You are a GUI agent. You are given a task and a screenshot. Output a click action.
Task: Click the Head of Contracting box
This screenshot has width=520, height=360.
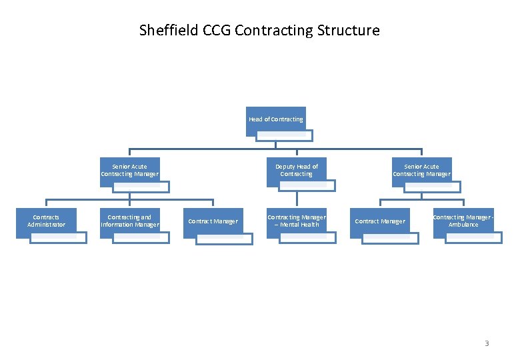point(275,119)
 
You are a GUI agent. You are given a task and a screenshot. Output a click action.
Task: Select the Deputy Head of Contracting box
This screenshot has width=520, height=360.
point(296,171)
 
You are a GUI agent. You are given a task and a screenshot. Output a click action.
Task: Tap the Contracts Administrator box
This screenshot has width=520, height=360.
point(47,221)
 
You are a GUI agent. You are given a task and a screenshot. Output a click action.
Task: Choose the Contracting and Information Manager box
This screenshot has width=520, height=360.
point(129,221)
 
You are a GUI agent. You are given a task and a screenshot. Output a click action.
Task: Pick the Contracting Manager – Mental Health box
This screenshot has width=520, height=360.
point(296,221)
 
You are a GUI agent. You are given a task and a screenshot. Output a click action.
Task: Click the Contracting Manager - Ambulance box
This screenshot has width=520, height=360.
point(463,221)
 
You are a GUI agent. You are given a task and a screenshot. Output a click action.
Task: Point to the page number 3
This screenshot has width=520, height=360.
point(487,344)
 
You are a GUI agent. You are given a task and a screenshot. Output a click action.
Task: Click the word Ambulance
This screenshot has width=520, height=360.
point(463,225)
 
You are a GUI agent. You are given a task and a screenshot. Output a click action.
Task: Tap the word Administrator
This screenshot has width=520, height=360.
point(47,225)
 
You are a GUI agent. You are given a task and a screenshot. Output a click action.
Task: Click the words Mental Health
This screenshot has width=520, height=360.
point(300,225)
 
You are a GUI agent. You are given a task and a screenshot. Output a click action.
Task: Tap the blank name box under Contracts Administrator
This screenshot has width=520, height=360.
point(59,237)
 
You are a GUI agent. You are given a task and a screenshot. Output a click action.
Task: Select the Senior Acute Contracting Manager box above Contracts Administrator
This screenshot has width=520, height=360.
point(129,171)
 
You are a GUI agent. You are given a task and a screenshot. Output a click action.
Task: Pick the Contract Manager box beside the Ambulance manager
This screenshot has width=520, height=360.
point(380,221)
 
